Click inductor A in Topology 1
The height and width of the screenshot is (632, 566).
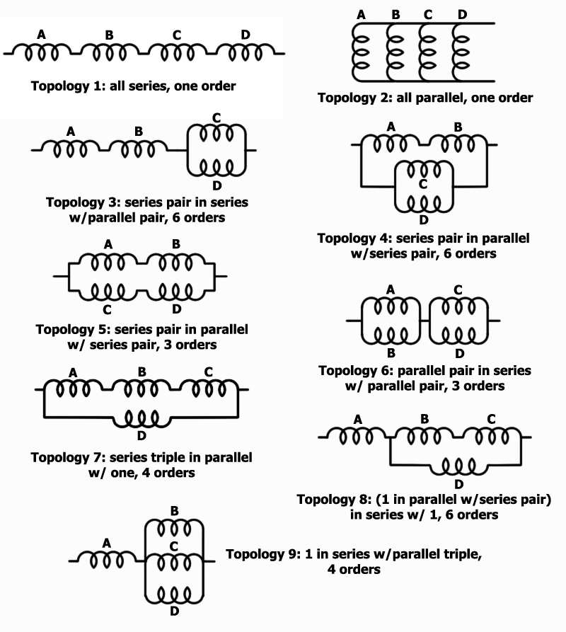click(x=42, y=52)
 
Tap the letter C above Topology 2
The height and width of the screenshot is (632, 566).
click(x=428, y=15)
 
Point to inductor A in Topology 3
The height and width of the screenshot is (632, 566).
click(x=71, y=149)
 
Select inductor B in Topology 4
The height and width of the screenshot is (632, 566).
click(x=458, y=144)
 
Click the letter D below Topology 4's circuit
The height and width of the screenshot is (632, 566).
click(x=423, y=220)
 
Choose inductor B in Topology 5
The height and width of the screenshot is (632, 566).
click(x=175, y=263)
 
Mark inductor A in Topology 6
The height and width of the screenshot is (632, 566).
click(x=391, y=306)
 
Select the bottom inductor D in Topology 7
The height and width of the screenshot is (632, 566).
click(x=141, y=418)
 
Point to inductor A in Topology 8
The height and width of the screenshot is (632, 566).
click(x=356, y=436)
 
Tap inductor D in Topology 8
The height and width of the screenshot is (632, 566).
click(x=458, y=466)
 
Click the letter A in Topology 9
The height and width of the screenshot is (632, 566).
click(x=106, y=544)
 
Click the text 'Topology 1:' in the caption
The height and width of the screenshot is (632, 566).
click(x=68, y=86)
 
